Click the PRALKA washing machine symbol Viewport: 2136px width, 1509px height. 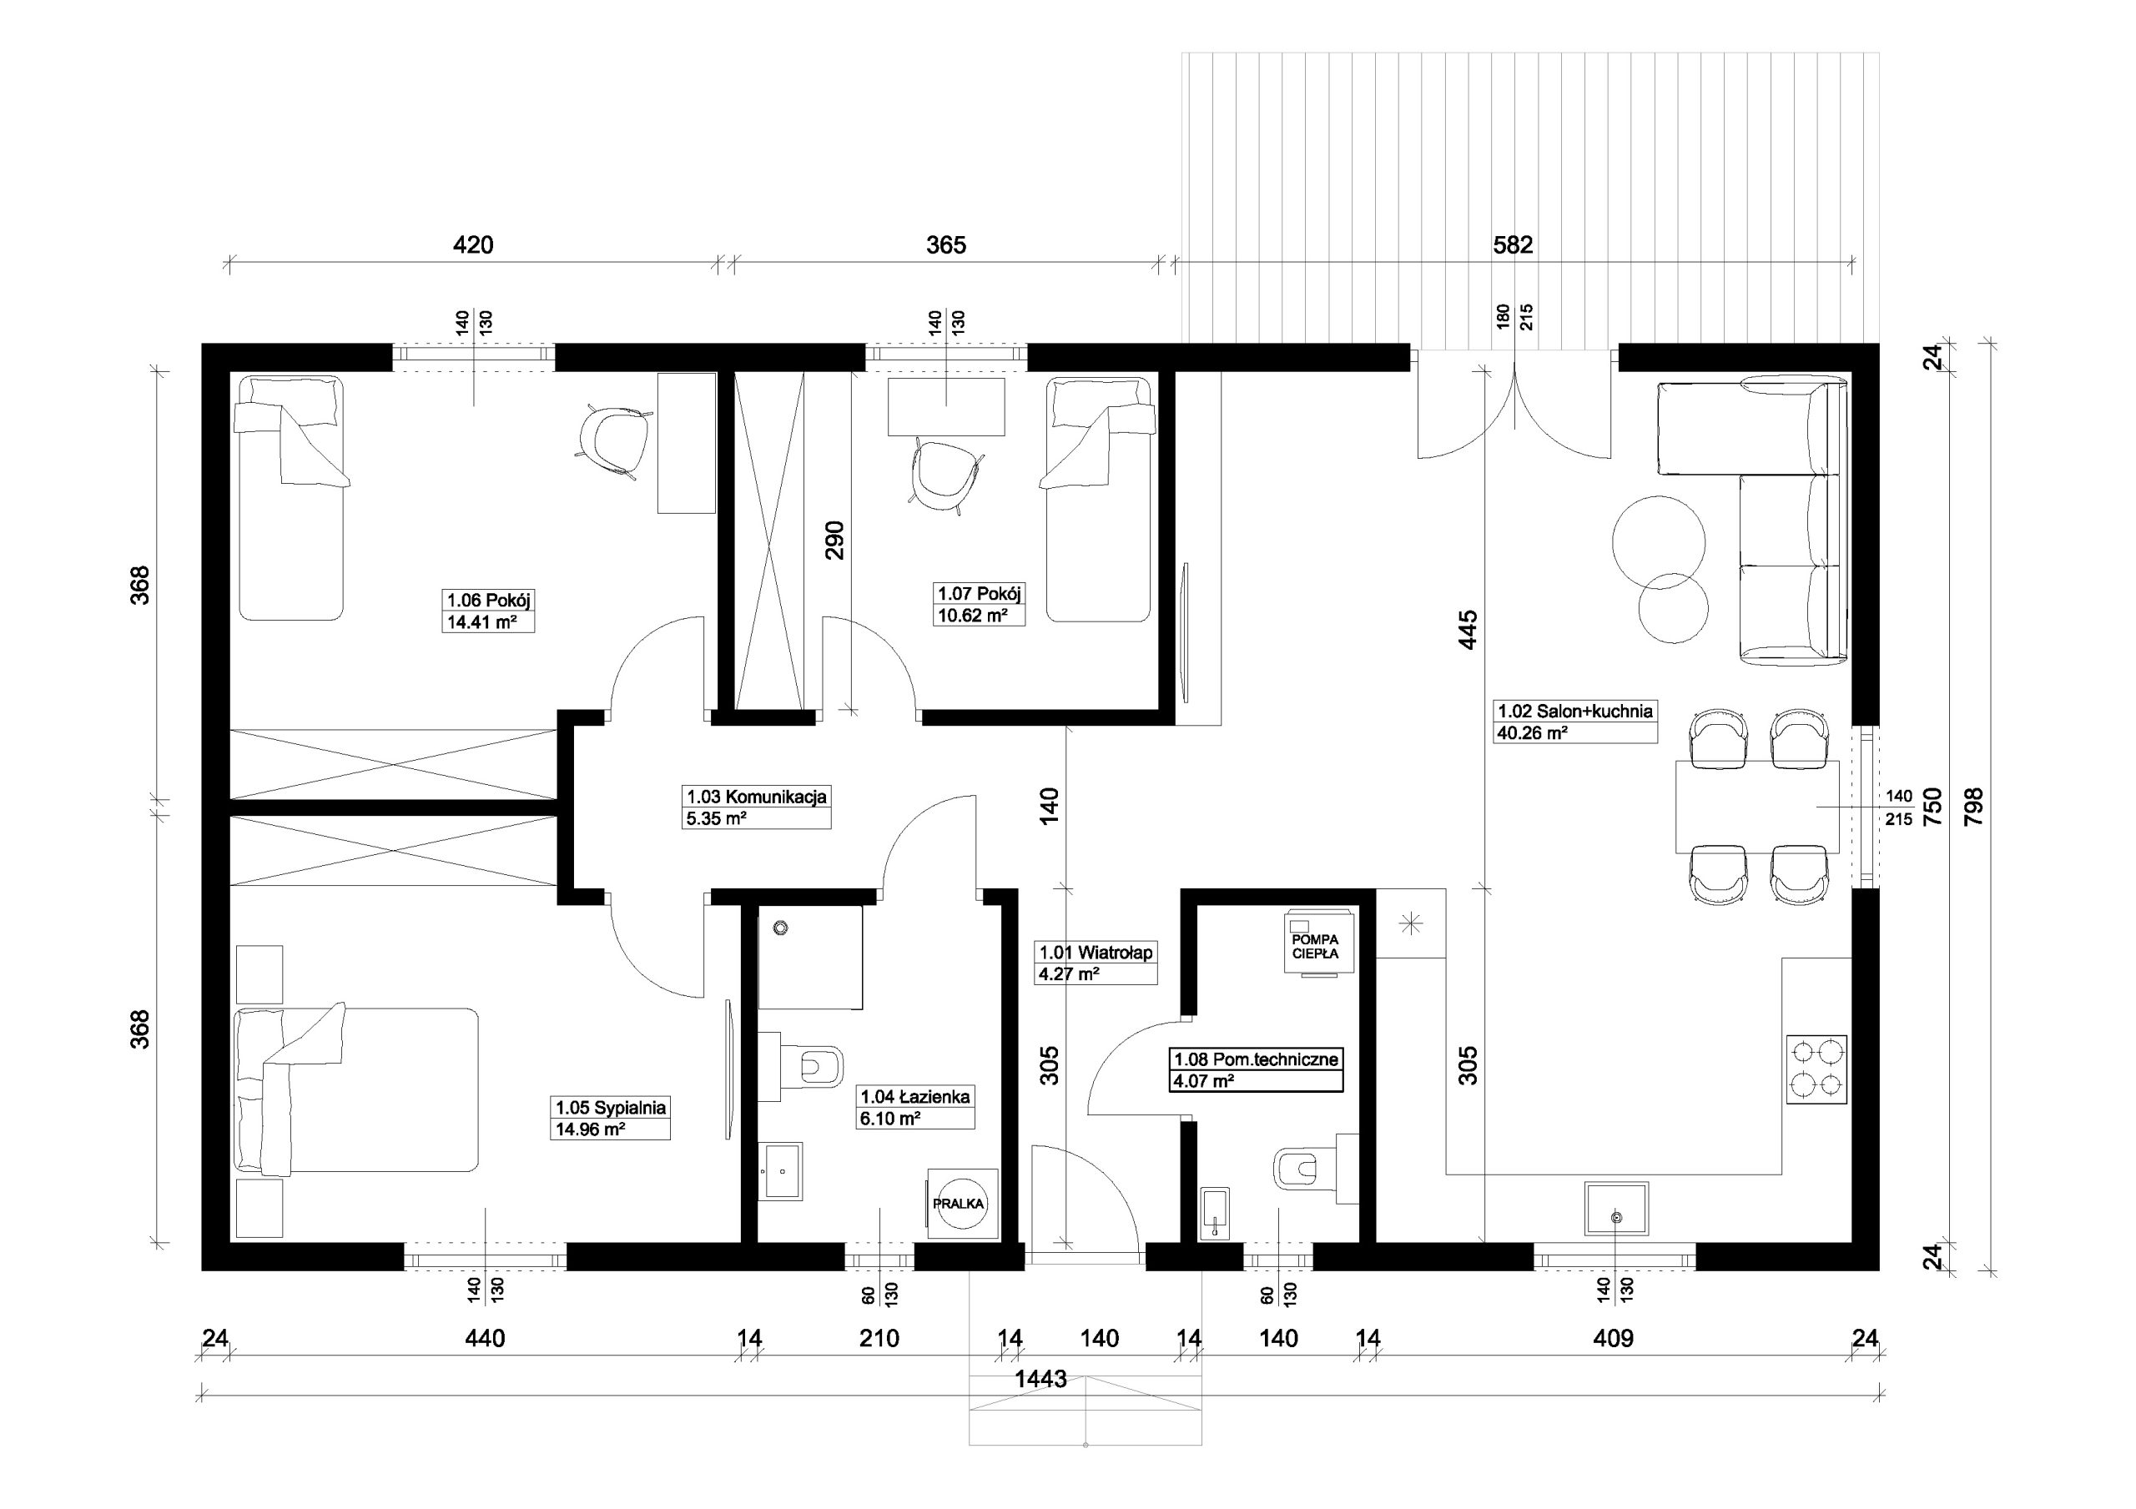pyautogui.click(x=962, y=1203)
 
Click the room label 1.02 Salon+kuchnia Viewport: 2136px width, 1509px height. pyautogui.click(x=1575, y=711)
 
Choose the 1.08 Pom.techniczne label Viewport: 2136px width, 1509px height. pyautogui.click(x=1256, y=1059)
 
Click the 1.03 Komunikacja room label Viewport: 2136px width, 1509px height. pyautogui.click(x=756, y=797)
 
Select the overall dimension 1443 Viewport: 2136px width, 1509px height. pyautogui.click(x=1041, y=1379)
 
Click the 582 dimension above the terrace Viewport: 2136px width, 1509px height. pyautogui.click(x=1513, y=244)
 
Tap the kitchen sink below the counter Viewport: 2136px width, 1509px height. pyautogui.click(x=1617, y=1209)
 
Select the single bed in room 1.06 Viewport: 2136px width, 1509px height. pyautogui.click(x=291, y=498)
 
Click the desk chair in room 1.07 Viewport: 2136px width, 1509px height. pyautogui.click(x=945, y=473)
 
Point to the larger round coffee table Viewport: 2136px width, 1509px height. pyautogui.click(x=1659, y=541)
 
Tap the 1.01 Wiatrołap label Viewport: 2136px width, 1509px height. pyautogui.click(x=1096, y=953)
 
